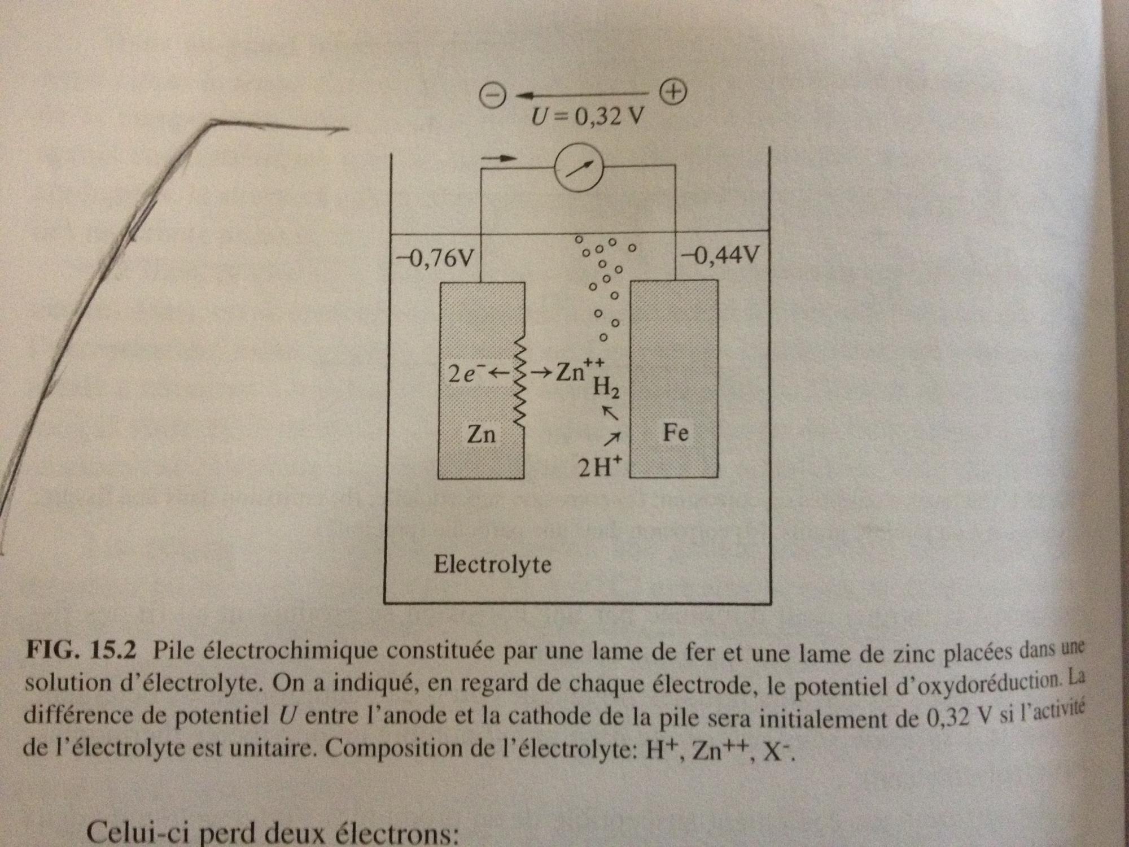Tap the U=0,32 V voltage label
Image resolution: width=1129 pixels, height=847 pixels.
click(587, 117)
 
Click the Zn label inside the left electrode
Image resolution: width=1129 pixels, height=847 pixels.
click(481, 434)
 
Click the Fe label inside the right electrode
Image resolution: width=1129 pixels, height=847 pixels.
click(675, 433)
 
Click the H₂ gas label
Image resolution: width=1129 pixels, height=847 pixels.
click(606, 388)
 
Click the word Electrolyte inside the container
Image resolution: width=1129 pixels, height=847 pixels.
click(492, 564)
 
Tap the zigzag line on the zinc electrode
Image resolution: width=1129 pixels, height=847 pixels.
click(520, 384)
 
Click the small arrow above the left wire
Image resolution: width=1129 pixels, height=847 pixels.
click(500, 159)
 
